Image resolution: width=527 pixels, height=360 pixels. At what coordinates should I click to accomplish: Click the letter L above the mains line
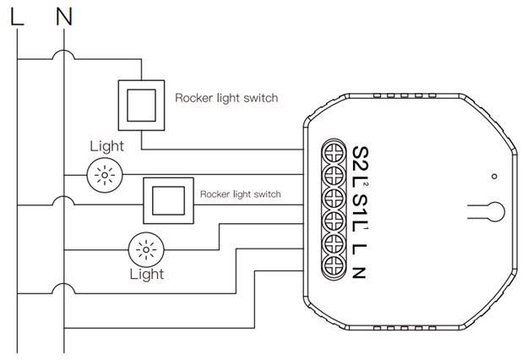pos(18,15)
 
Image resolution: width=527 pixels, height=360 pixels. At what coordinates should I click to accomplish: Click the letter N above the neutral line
pos(65,15)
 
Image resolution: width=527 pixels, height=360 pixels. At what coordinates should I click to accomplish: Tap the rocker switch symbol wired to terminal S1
pos(169,201)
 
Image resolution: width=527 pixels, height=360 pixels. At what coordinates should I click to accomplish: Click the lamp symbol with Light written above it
pos(106,175)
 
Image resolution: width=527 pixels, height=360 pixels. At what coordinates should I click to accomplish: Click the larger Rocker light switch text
pos(225,98)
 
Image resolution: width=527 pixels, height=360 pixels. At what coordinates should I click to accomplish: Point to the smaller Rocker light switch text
pos(240,194)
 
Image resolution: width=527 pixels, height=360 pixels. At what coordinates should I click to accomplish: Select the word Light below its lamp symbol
pos(146,274)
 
